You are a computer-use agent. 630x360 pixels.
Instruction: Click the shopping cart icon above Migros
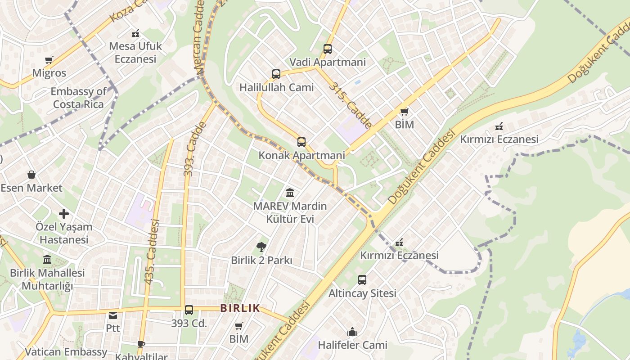pos(49,60)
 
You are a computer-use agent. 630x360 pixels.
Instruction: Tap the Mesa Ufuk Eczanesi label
pos(135,52)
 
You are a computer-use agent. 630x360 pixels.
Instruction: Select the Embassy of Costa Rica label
pos(78,98)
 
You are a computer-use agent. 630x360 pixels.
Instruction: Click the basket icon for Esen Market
pos(31,175)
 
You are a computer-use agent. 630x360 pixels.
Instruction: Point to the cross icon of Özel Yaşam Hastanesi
pos(64,214)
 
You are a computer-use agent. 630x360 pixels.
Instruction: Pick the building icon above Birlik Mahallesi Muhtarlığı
pos(47,260)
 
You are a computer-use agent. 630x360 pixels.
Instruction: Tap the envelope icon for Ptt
pos(113,315)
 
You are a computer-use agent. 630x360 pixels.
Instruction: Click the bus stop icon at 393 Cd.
pos(189,310)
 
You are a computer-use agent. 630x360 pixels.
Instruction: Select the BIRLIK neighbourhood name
pos(240,308)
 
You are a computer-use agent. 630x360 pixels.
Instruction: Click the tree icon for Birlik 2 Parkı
pos(261,247)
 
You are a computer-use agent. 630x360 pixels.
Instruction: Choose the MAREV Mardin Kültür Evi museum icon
pos(290,193)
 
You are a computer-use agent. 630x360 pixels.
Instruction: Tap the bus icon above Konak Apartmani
pos(301,142)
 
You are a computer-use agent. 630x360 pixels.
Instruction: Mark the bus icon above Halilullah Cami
pos(276,74)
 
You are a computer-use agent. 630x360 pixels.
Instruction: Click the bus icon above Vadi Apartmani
pos(328,49)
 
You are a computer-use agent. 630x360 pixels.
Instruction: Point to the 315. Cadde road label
pos(351,104)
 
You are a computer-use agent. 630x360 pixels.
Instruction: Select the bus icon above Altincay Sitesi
pos(362,280)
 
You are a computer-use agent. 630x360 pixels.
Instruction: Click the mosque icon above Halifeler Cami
pos(352,332)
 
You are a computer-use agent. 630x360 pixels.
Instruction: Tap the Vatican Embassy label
pos(66,352)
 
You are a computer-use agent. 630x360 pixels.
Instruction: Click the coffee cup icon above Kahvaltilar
pos(141,344)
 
